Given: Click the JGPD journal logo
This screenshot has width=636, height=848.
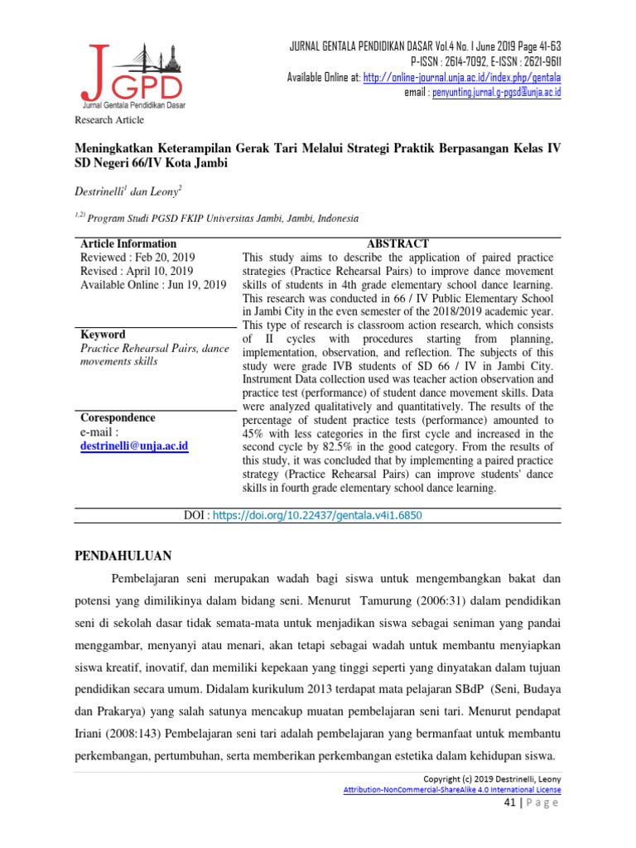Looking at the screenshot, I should point(132,73).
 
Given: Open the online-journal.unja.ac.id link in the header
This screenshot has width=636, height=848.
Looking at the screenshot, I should point(462,77).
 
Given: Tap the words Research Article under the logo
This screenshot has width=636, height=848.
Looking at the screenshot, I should point(110,120).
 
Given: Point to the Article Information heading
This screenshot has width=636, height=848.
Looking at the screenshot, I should point(128,243).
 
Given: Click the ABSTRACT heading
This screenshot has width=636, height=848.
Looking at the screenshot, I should point(398,243).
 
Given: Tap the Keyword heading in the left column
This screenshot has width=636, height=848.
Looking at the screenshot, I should point(103,335).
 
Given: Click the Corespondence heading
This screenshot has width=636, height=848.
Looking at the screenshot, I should point(118,417).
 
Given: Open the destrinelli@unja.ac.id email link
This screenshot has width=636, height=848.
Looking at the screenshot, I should point(134,446).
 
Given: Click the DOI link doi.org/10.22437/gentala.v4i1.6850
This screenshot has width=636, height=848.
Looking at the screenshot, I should point(318,515).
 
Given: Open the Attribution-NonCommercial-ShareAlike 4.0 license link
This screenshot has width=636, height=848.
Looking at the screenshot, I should point(452,790).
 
